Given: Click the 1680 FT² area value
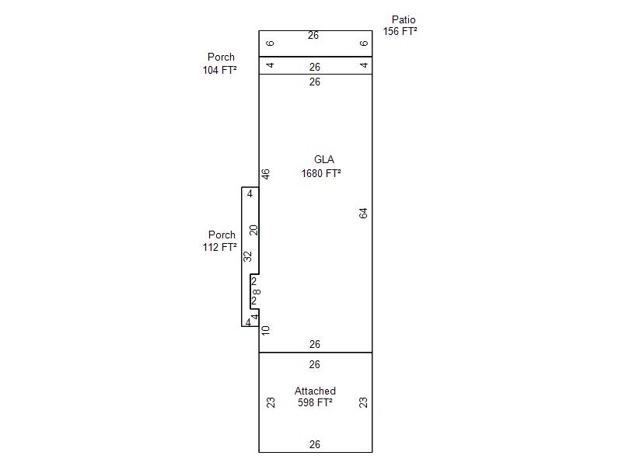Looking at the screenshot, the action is (x=321, y=173).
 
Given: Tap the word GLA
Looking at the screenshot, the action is (x=324, y=159).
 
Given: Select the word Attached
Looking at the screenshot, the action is (x=315, y=391).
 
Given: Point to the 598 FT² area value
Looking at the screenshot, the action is (x=315, y=402).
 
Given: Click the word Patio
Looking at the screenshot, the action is (x=404, y=19).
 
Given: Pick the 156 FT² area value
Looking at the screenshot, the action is (x=400, y=31).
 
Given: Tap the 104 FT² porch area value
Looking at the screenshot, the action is (x=220, y=70).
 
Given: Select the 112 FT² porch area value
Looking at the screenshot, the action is (x=220, y=247).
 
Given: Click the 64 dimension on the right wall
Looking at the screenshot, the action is (x=363, y=213).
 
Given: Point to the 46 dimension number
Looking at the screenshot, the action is (x=265, y=174).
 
